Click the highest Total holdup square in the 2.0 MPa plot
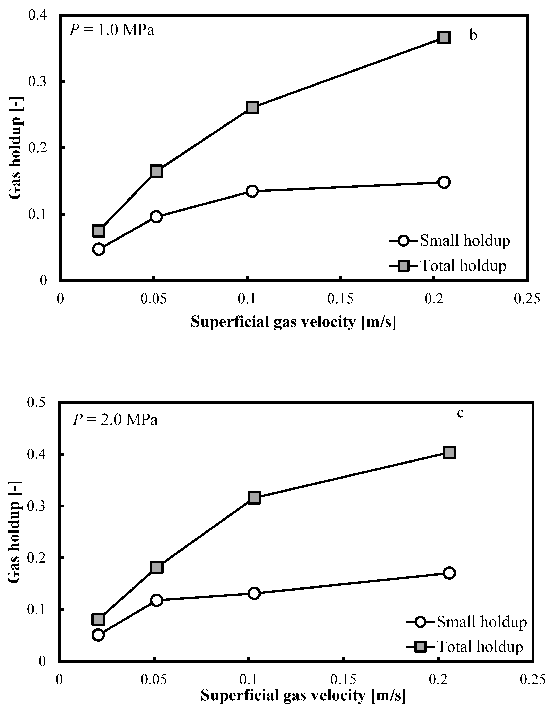[449, 452]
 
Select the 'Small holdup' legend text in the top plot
[465, 241]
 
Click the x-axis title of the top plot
[293, 322]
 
